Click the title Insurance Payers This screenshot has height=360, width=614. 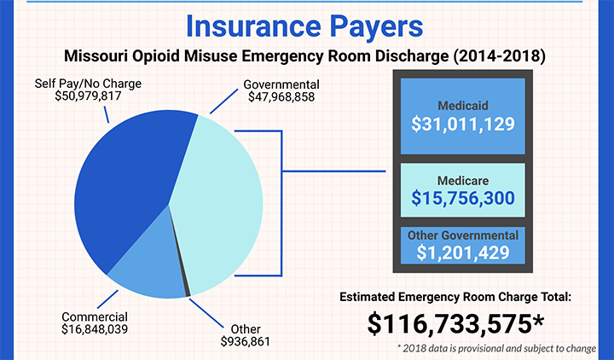pos(304,26)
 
